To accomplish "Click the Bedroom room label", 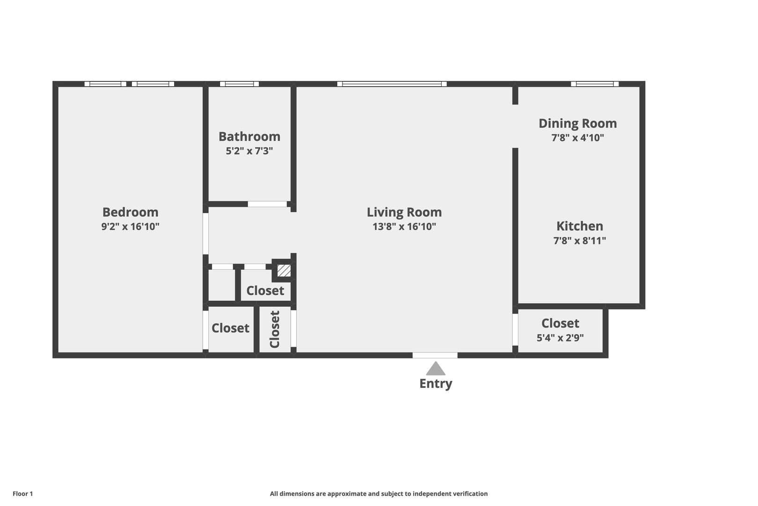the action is coord(130,212).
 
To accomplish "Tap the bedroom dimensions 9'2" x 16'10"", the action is coord(130,226).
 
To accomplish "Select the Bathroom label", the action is coord(249,137).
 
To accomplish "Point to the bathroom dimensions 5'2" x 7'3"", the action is coord(249,151).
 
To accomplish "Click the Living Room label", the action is coord(404,212).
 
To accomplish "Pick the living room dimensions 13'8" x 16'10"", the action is coord(404,226).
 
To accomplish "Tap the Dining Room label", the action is coord(578,123).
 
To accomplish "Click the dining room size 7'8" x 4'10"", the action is coord(578,138).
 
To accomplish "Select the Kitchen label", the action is coord(580,226).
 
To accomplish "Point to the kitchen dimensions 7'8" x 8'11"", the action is coord(580,241).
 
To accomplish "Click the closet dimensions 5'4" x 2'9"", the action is coord(561,337).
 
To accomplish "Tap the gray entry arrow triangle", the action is coord(436,369).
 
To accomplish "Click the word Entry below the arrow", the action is coord(436,384).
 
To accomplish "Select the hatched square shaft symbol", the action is coord(284,270).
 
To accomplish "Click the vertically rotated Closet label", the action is coord(275,329).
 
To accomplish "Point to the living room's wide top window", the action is coord(392,84).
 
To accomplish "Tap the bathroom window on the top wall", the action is coord(239,84).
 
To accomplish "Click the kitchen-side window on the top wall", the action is coord(595,84).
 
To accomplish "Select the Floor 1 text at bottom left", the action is coord(22,494).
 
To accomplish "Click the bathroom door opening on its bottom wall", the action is coord(267,204).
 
